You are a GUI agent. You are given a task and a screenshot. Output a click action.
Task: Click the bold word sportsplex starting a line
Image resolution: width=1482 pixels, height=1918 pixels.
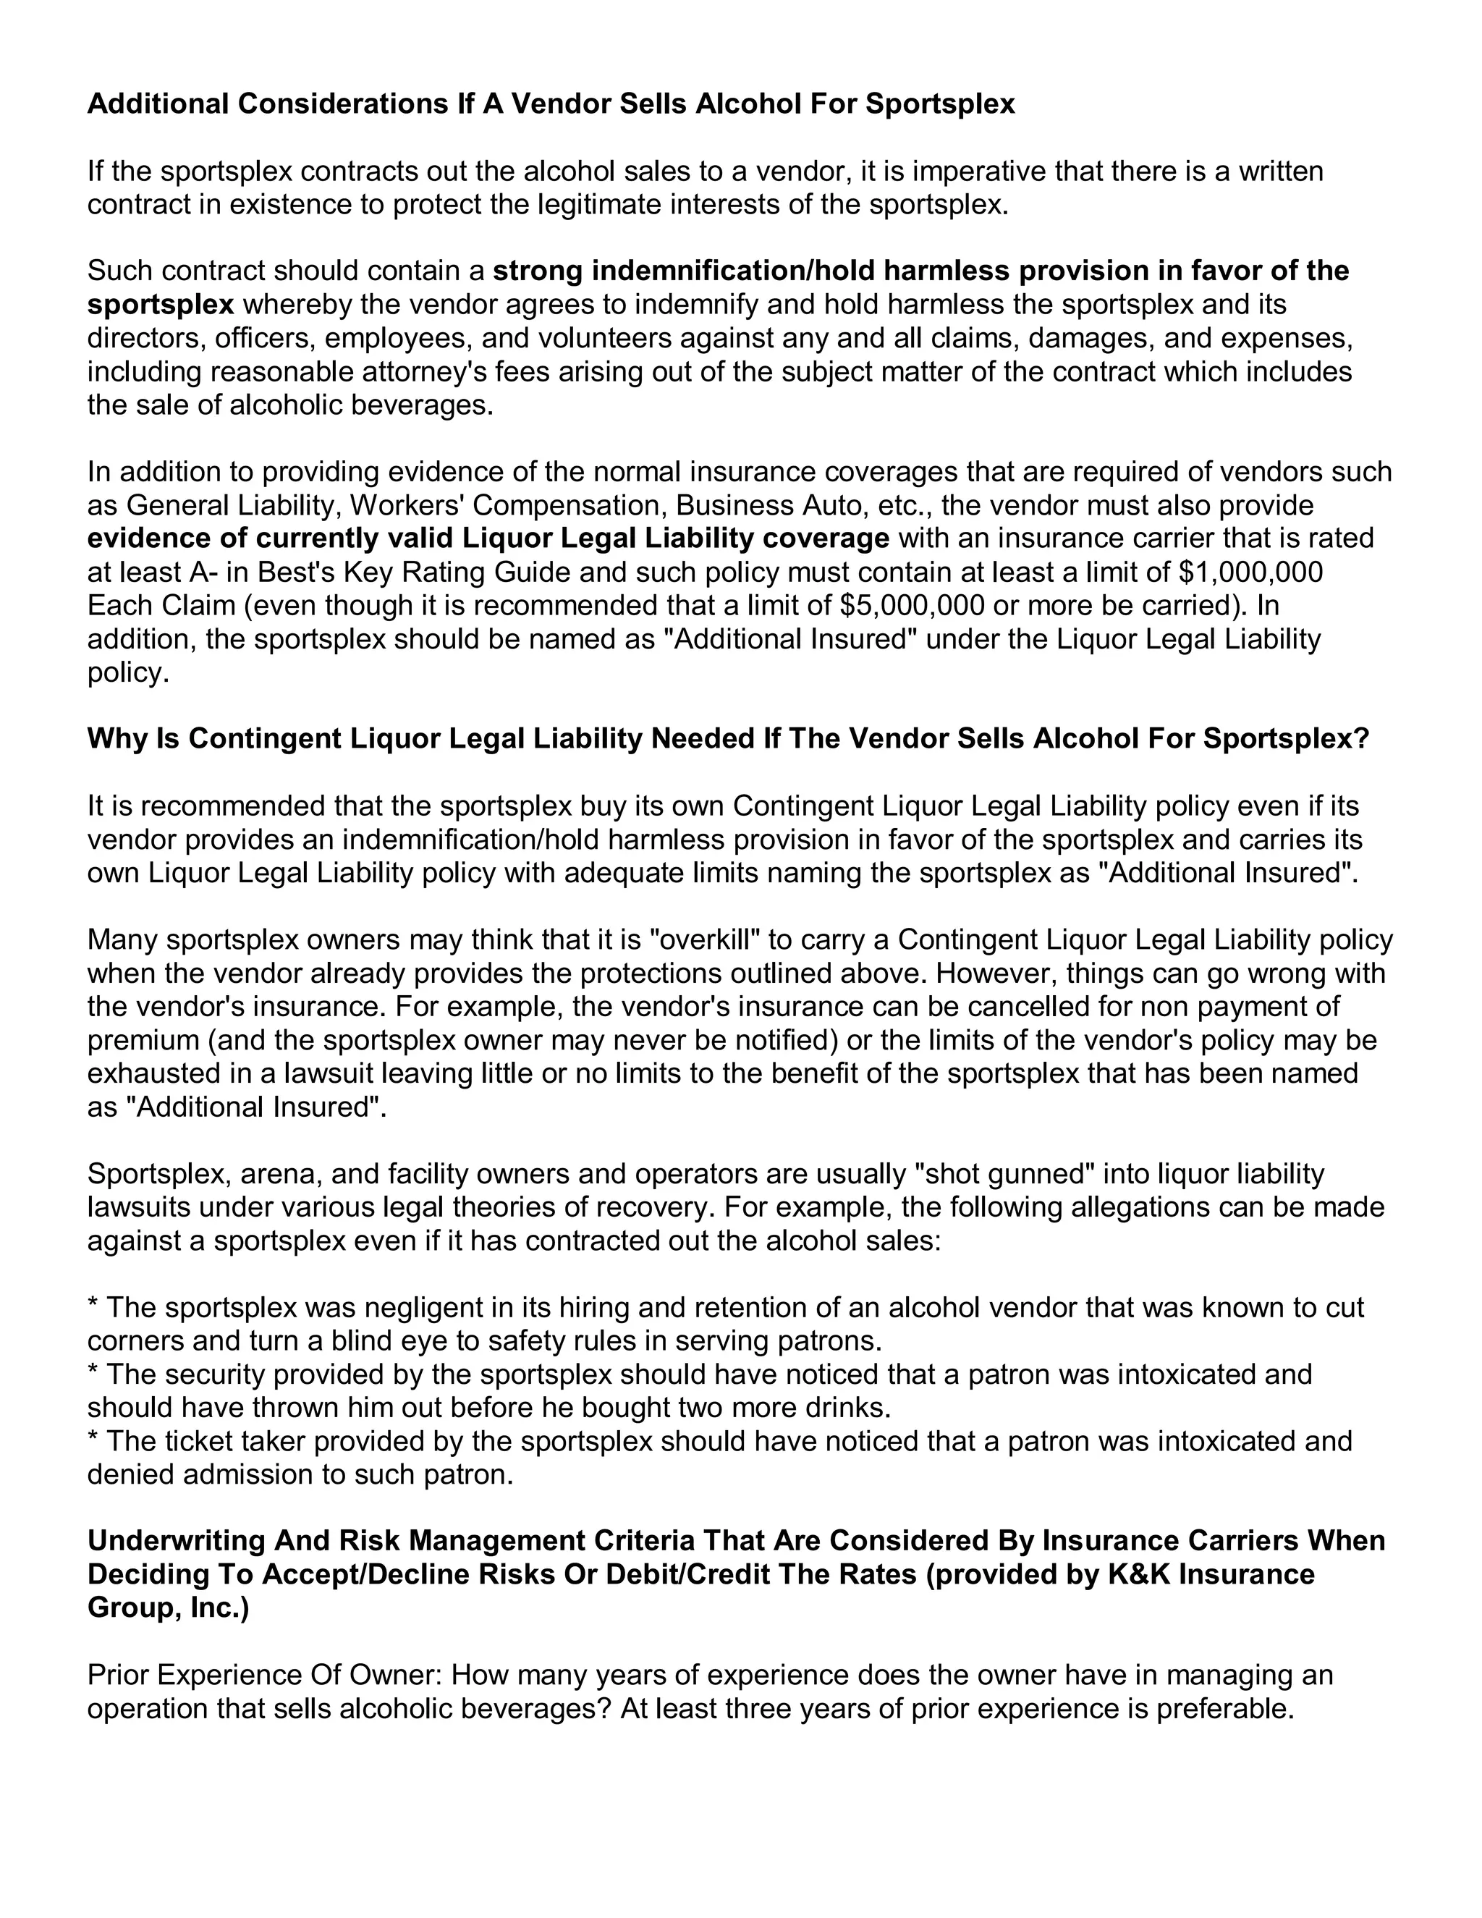click(161, 305)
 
